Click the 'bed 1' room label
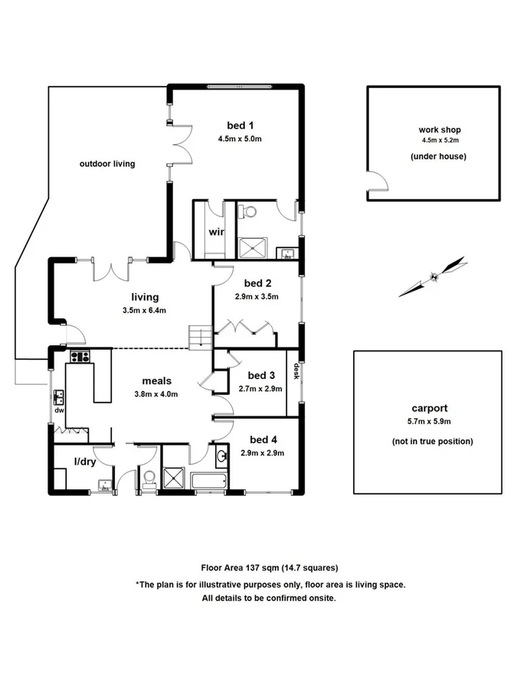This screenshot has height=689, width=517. coord(240,126)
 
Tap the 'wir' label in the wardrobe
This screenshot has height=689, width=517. coord(217,232)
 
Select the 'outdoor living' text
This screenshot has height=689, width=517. coord(107,163)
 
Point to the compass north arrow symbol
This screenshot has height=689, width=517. coord(434,276)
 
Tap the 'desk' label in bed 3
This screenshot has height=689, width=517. coord(296,371)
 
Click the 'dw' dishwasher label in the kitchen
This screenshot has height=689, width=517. coord(58,410)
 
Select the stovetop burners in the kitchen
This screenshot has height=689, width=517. coord(80,356)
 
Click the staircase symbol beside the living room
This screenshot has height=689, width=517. coord(199,337)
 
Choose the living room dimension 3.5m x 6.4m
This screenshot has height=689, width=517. coord(144,310)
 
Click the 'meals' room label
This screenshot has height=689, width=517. coord(156,380)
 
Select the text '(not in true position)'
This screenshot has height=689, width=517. coord(428,442)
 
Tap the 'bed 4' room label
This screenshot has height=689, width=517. coord(262,439)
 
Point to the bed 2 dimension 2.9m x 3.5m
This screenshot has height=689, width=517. coord(257,296)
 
